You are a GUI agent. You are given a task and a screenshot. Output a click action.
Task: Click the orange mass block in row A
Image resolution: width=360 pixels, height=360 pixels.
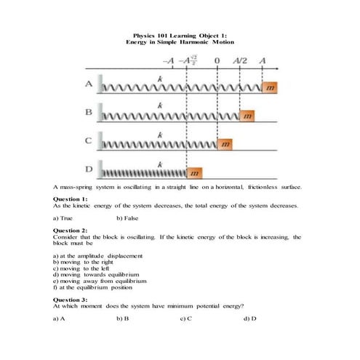[270, 87]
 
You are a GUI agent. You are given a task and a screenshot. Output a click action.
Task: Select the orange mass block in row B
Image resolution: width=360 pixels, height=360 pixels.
[247, 116]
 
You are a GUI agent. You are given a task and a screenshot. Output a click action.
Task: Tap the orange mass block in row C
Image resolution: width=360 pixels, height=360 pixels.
[225, 145]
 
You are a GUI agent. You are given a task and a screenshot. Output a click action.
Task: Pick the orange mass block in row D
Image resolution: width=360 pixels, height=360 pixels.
[194, 173]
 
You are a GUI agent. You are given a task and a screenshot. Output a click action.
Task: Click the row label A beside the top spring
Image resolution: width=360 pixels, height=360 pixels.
[89, 84]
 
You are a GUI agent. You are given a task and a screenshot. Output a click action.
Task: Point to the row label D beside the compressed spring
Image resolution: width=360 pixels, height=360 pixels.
[89, 169]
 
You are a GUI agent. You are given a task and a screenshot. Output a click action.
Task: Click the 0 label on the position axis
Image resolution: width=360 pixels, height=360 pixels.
[217, 60]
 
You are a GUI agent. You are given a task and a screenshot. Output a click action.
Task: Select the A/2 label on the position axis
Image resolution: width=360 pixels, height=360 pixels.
[240, 60]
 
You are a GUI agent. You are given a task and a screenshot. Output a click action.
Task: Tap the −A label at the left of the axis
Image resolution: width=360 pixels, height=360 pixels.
[169, 60]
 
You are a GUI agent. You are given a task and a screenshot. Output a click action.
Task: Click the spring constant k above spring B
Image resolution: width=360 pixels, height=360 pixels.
[160, 105]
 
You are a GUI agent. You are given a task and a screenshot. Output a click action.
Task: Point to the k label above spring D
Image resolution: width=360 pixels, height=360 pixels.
[160, 165]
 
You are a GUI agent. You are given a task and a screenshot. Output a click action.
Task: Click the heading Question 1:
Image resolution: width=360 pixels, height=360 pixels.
[71, 199]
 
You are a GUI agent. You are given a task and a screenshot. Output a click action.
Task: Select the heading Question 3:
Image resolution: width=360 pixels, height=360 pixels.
[71, 300]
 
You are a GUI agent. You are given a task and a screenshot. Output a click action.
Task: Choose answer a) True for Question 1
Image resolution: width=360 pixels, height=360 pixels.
[63, 218]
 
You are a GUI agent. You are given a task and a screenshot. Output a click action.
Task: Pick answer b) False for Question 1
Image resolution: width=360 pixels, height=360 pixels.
[127, 218]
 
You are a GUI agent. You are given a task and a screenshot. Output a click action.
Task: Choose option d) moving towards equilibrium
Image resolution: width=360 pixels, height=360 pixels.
[96, 275]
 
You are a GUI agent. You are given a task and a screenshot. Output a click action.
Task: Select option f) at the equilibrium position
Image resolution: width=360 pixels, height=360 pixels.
[92, 287]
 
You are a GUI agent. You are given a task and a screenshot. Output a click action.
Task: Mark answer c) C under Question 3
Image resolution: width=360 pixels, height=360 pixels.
[186, 319]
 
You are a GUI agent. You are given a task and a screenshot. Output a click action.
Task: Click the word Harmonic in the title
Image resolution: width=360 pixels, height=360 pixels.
[194, 42]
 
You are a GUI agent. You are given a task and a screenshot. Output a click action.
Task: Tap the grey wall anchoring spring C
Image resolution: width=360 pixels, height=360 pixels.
[100, 141]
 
